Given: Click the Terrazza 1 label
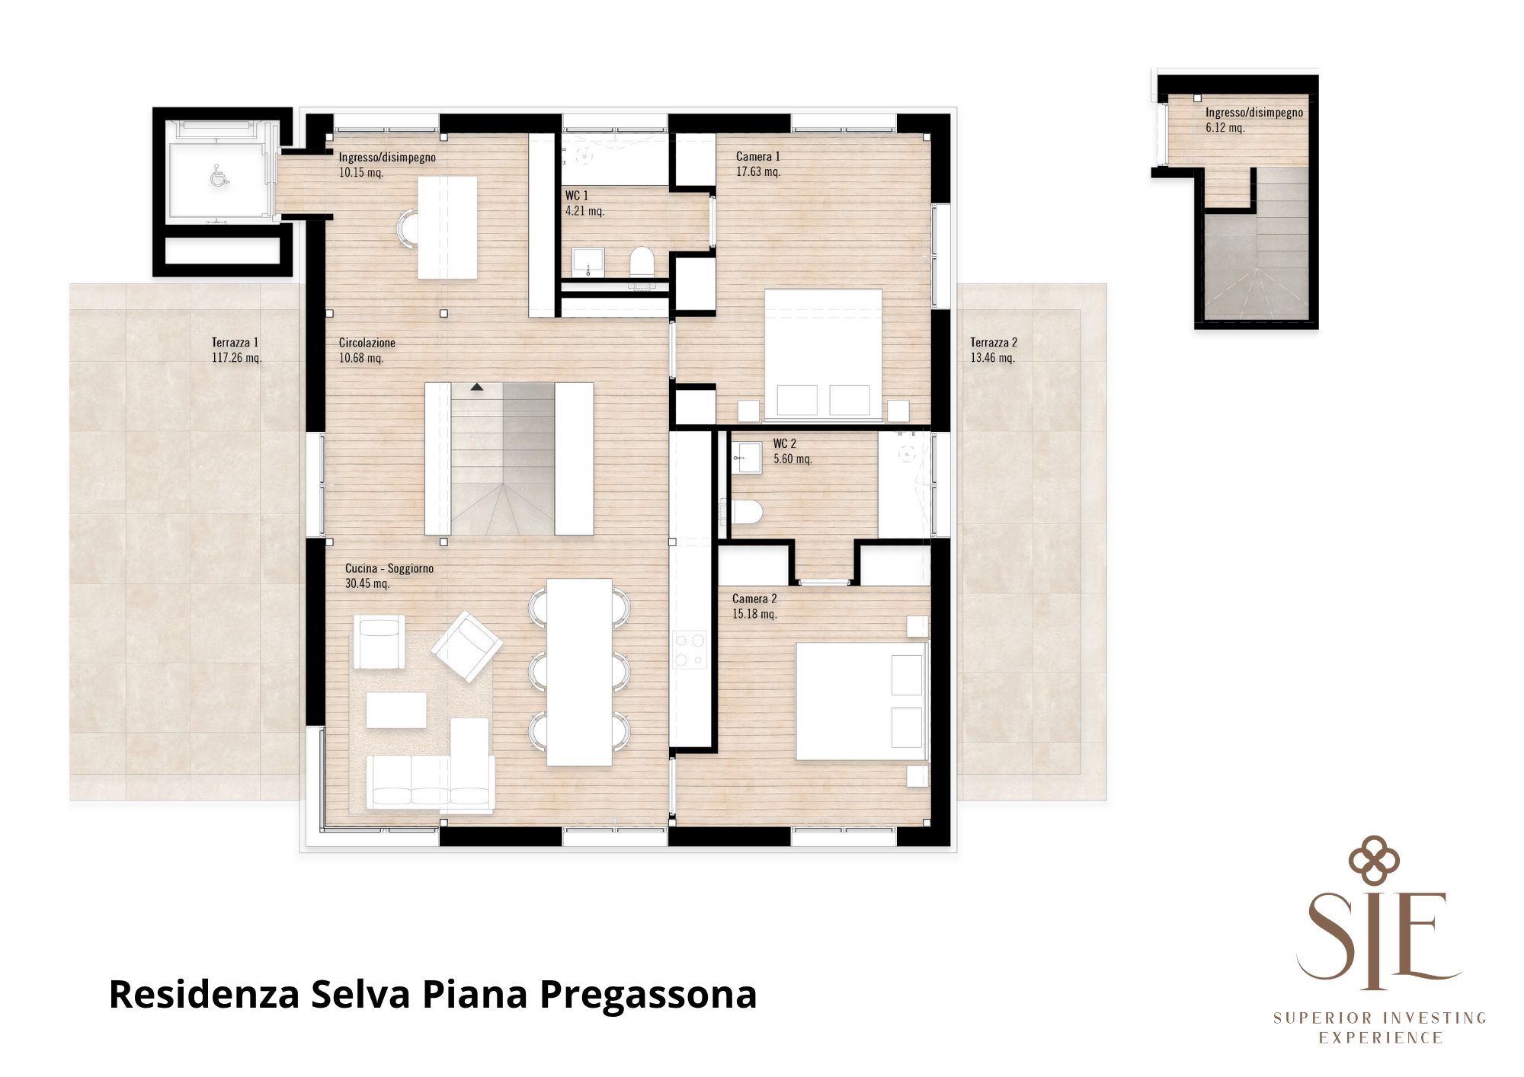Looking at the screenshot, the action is click(235, 343).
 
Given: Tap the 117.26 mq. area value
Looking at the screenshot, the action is click(236, 358).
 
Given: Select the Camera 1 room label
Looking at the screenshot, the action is click(757, 156).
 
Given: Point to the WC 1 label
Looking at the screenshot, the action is click(576, 196).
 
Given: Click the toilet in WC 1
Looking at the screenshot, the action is click(642, 262).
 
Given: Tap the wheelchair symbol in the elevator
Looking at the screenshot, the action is click(219, 176).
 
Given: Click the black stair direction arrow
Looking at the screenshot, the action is click(476, 388).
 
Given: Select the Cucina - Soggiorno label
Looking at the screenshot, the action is click(389, 568).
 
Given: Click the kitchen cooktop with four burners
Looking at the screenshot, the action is click(690, 650).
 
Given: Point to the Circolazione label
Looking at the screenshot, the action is click(367, 343).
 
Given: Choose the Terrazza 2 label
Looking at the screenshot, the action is click(994, 343).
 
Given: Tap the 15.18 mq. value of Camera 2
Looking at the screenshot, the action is click(754, 614).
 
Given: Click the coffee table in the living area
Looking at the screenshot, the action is click(396, 710).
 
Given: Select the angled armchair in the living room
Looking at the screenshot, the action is click(467, 647).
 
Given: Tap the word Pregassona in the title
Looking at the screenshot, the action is click(648, 996).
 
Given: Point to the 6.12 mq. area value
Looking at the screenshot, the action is click(1225, 128).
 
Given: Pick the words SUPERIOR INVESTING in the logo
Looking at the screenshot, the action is click(1379, 1018).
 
